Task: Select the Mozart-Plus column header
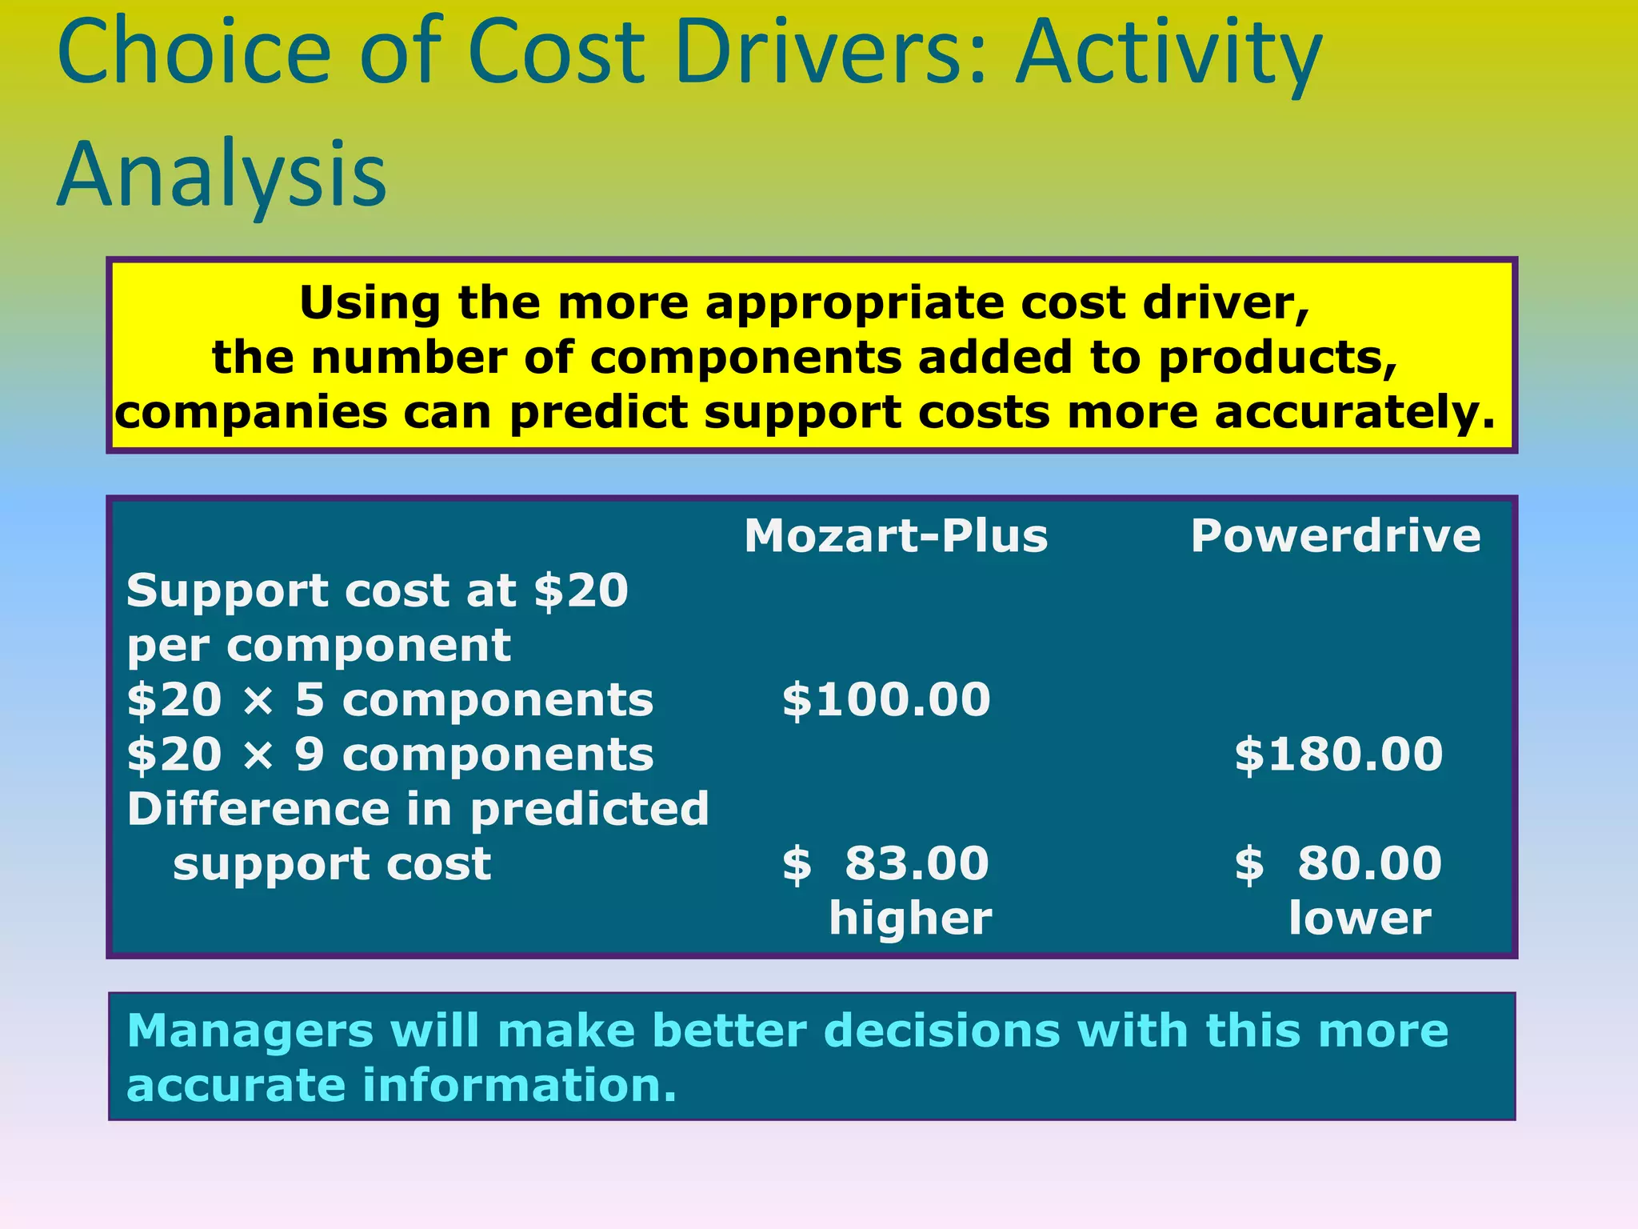click(x=895, y=535)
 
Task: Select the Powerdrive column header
click(x=1335, y=535)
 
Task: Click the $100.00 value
click(x=885, y=699)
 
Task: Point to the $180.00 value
click(x=1338, y=754)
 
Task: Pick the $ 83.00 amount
click(x=885, y=863)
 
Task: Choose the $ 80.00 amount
click(x=1338, y=863)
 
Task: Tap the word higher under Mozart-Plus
click(x=909, y=918)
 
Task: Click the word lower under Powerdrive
click(x=1359, y=918)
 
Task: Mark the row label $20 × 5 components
click(x=390, y=699)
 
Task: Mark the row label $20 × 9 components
click(x=390, y=754)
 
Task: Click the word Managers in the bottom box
click(x=250, y=1031)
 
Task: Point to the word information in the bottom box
click(x=519, y=1086)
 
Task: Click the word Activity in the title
click(x=1168, y=56)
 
